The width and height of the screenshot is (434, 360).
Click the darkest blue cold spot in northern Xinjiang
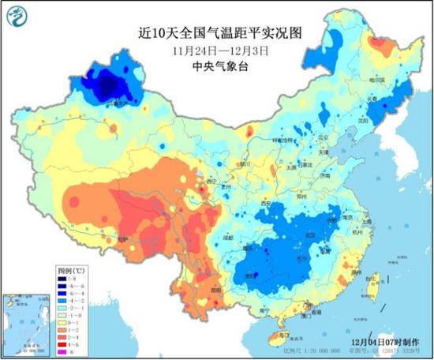(107, 83)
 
